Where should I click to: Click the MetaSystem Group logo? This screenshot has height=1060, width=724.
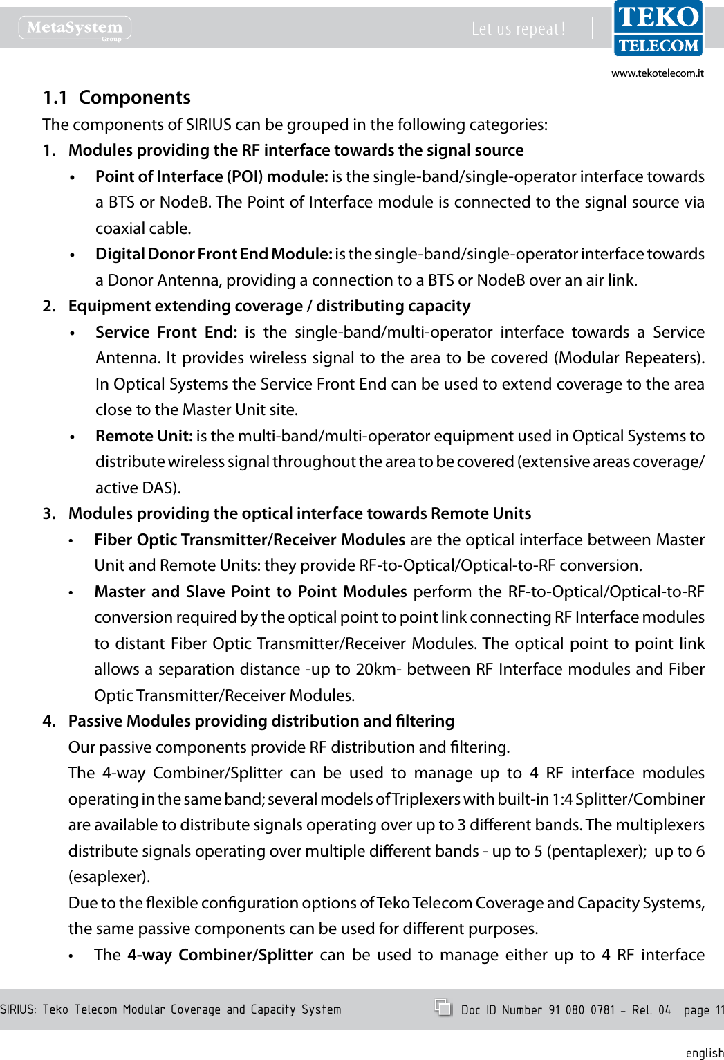tap(75, 28)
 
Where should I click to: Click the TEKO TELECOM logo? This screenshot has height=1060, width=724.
tap(658, 28)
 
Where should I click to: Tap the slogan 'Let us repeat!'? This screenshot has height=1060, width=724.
tap(518, 29)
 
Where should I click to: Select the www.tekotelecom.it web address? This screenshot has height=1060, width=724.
tap(657, 73)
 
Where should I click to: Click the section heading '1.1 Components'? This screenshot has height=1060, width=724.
tap(116, 98)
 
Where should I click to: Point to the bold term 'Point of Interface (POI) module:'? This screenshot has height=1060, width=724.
tap(212, 176)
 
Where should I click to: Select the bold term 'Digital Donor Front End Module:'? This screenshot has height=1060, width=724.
tap(214, 254)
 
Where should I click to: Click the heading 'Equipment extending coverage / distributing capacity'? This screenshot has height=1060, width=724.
tap(269, 306)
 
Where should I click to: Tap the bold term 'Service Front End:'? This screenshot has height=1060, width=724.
tap(166, 332)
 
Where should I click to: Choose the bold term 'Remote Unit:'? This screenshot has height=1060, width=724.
tap(144, 436)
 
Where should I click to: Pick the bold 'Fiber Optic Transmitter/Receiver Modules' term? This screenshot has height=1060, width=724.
tap(250, 540)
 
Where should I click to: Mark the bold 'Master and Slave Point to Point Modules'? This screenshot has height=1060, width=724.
tap(250, 592)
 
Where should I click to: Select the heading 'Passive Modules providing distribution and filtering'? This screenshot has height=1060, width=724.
tap(261, 721)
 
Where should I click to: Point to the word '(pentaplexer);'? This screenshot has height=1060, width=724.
tap(596, 851)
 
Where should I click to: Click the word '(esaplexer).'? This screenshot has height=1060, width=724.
tap(109, 877)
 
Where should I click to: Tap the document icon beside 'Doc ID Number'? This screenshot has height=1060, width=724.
tap(443, 1007)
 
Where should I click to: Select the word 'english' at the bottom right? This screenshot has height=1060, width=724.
tap(704, 1052)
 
